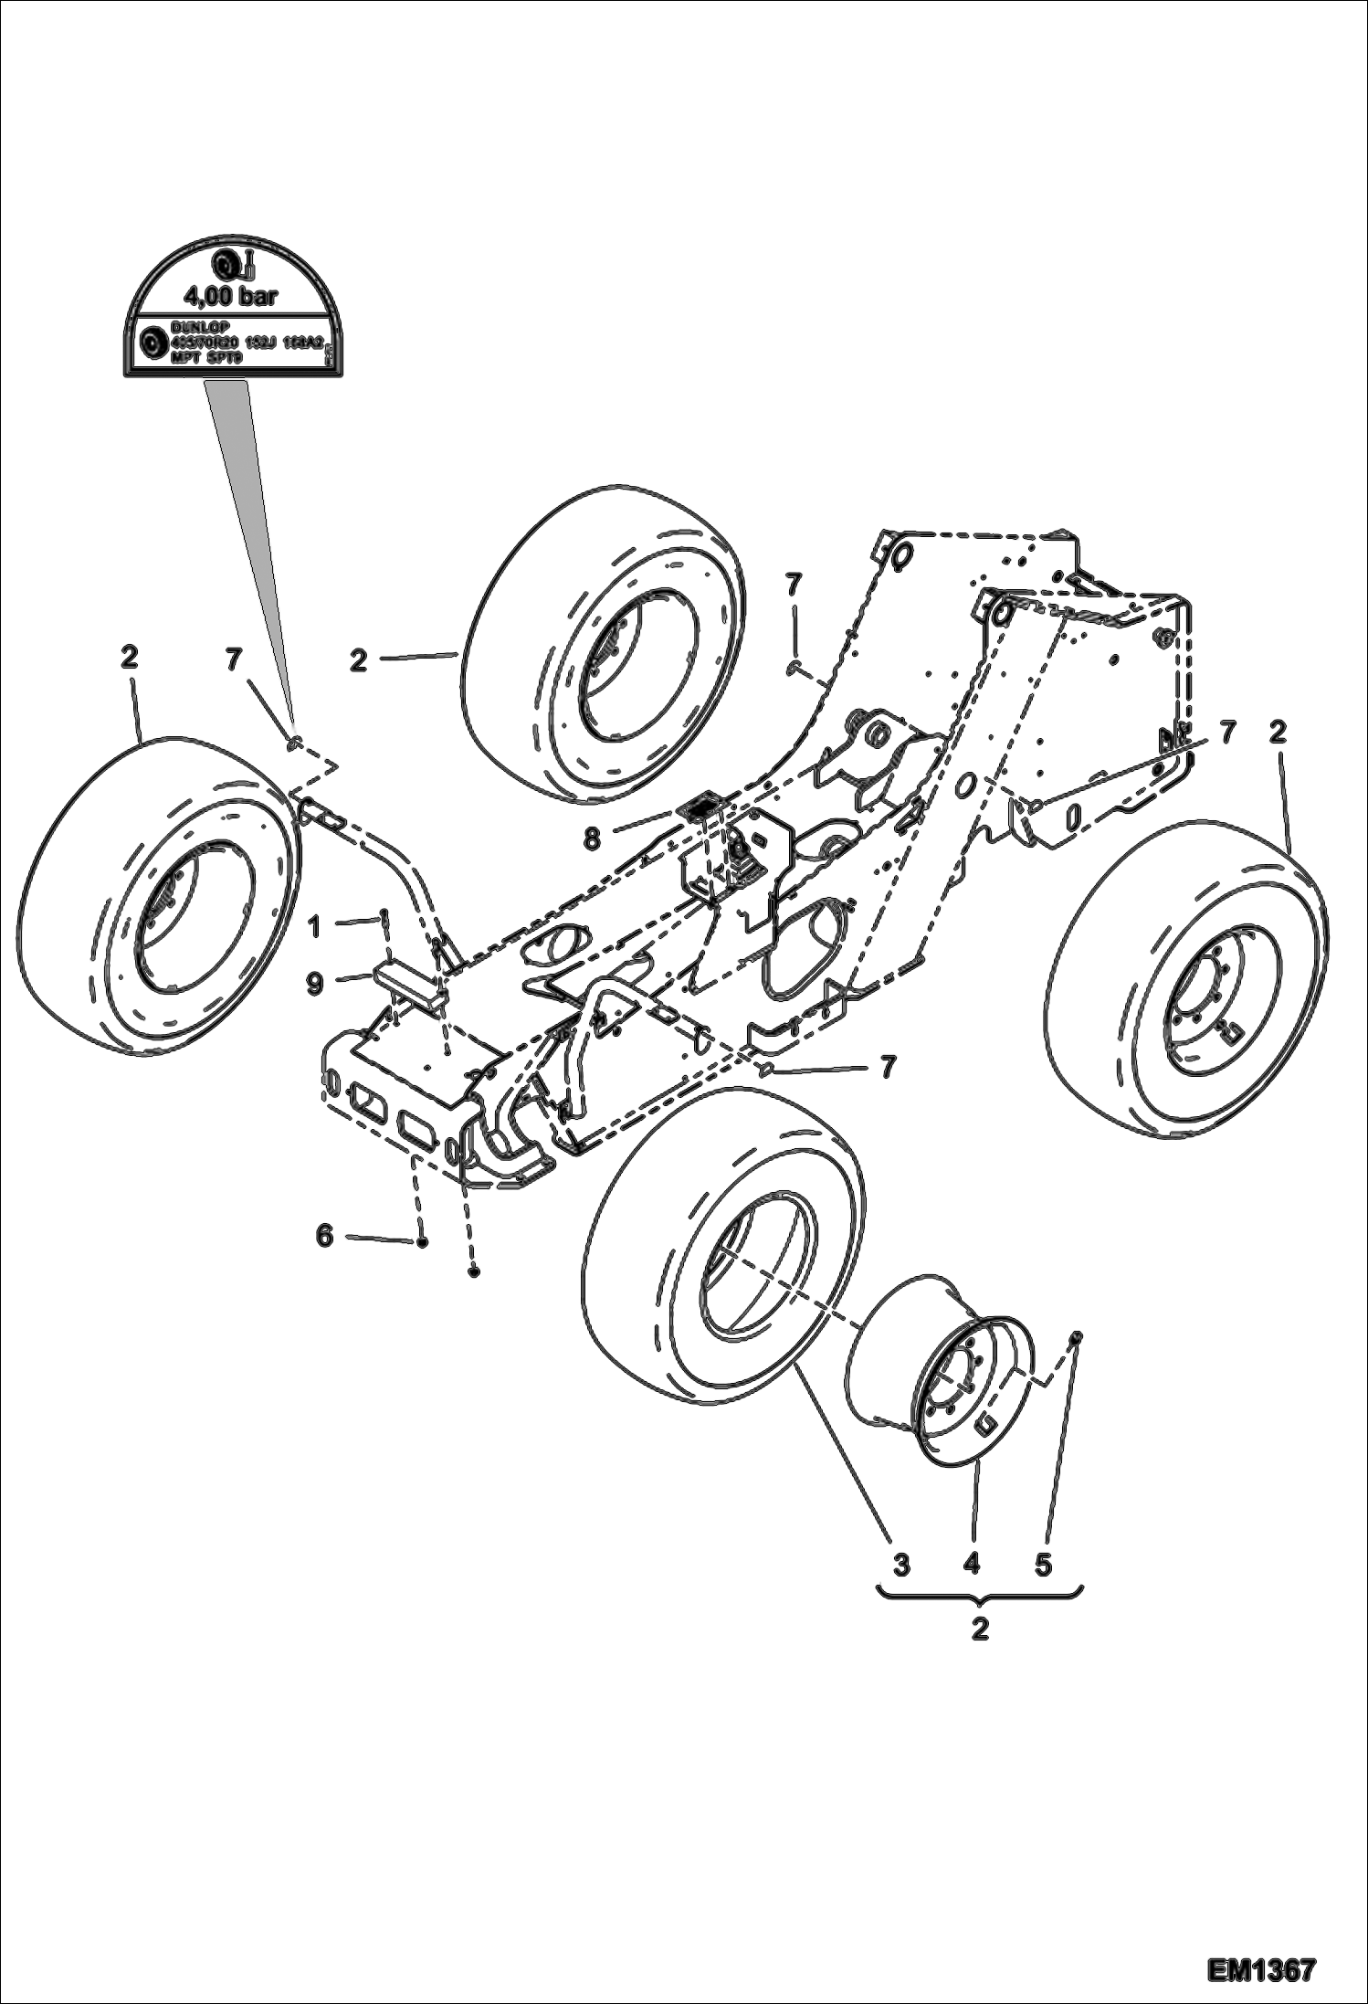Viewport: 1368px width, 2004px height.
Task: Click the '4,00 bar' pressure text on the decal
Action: [x=230, y=296]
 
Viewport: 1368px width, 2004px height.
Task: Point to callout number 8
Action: [x=592, y=838]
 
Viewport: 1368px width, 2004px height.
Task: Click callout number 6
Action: [x=325, y=1236]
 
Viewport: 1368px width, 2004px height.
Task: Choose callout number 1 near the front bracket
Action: [x=314, y=927]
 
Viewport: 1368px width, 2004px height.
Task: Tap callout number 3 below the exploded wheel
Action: [x=900, y=1566]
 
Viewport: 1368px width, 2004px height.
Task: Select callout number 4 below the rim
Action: [x=971, y=1566]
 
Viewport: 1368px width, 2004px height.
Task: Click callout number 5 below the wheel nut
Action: [x=1043, y=1566]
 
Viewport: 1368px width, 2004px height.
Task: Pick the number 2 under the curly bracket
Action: [x=980, y=1630]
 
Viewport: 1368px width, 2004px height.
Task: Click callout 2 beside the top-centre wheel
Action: [x=358, y=660]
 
